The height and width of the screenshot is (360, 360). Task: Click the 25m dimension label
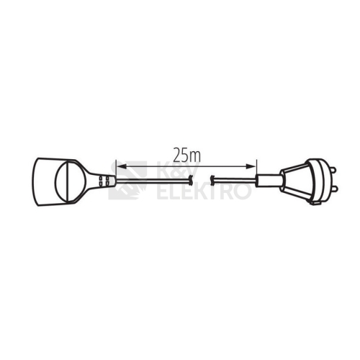point(187,156)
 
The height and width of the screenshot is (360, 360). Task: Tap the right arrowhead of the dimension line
point(251,166)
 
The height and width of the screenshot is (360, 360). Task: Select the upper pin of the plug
point(333,170)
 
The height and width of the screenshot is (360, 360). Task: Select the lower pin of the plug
point(333,189)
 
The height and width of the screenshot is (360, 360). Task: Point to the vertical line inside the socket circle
point(68,181)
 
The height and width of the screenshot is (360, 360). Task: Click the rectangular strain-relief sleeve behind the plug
point(269,181)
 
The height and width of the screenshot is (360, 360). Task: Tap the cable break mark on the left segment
point(191,180)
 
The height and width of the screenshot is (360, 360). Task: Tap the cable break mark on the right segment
point(212,180)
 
